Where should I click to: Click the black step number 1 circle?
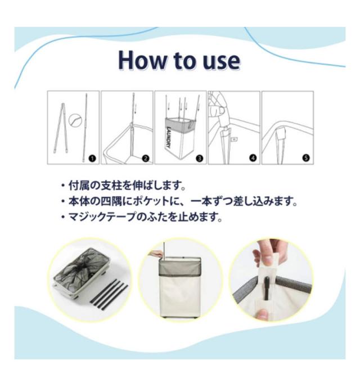click(92, 159)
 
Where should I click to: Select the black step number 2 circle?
click(146, 159)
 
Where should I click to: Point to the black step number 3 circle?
click(200, 159)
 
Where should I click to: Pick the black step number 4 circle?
click(253, 158)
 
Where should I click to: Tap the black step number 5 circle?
click(306, 158)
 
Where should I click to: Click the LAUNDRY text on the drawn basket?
click(169, 138)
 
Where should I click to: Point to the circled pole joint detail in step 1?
click(75, 120)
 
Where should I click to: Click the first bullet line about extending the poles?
click(123, 186)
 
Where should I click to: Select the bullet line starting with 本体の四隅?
click(179, 201)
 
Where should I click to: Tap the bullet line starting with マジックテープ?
click(142, 217)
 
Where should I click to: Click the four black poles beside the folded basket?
click(109, 295)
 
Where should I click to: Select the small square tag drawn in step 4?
click(234, 139)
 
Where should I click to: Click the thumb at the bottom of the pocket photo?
click(263, 314)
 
